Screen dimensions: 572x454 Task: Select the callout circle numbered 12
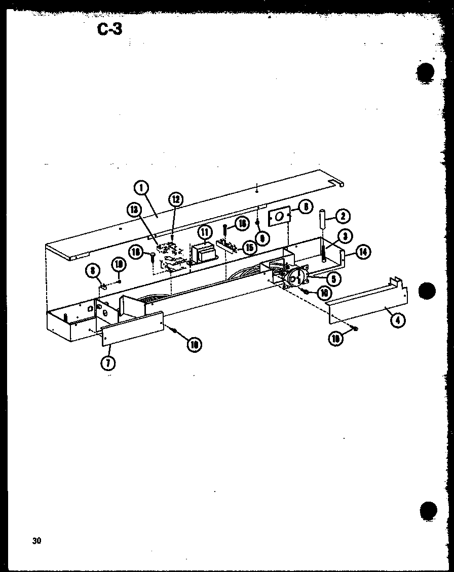click(176, 199)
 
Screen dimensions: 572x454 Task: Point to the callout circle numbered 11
click(204, 232)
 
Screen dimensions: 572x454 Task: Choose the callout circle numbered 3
click(346, 236)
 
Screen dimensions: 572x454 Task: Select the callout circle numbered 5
click(333, 278)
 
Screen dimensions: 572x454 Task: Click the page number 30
click(36, 541)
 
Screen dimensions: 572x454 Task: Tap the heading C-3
click(109, 29)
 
